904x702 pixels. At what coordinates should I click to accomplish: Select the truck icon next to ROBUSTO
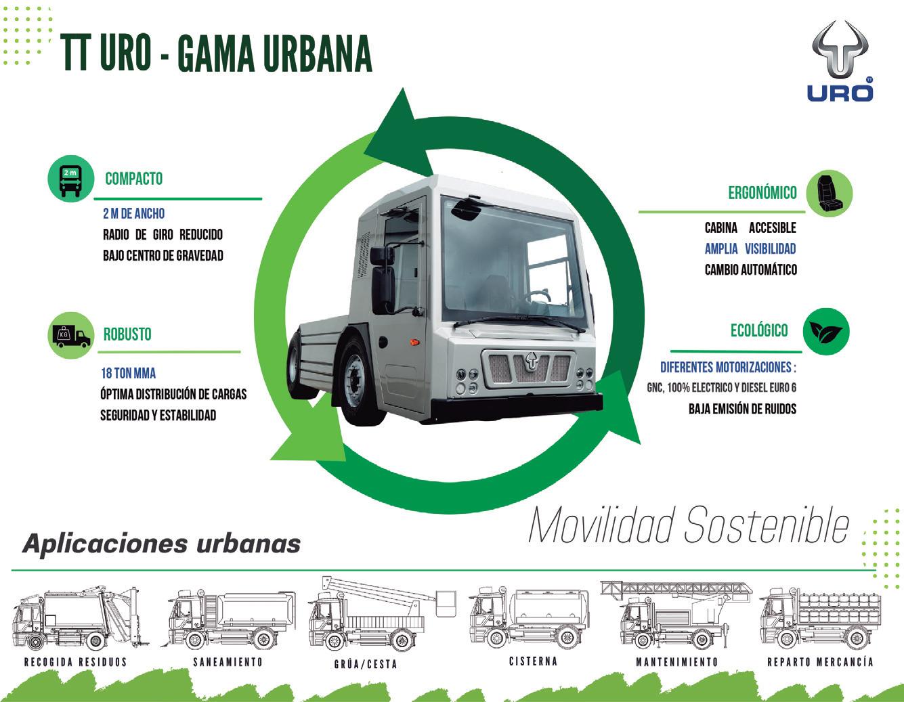coord(71,335)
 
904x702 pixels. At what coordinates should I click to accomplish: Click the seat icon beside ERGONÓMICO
coord(829,194)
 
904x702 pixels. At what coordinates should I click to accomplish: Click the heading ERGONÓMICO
coord(762,193)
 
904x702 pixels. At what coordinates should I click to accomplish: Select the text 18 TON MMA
coord(129,373)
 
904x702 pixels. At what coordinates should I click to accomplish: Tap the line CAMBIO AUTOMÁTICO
coord(750,269)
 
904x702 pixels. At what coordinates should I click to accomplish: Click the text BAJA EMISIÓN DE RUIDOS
coord(742,408)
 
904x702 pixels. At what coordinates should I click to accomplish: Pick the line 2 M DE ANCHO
coord(133,213)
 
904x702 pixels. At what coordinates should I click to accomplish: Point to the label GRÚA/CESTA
coord(365,664)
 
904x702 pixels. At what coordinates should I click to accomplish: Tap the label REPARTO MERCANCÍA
coord(820,662)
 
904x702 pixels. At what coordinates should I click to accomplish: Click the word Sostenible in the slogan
coord(767,526)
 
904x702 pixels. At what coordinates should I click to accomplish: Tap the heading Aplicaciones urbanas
coord(161,544)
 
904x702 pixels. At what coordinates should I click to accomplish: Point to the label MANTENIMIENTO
coord(676,662)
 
